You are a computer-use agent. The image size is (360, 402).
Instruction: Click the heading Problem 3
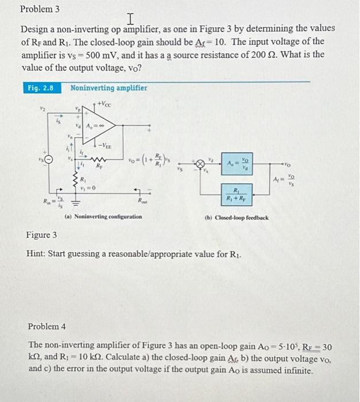pyautogui.click(x=40, y=9)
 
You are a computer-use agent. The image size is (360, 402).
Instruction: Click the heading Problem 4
pyautogui.click(x=47, y=326)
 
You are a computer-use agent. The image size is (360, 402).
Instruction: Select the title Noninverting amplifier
pyautogui.click(x=109, y=88)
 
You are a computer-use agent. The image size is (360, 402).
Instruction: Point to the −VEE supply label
pyautogui.click(x=105, y=146)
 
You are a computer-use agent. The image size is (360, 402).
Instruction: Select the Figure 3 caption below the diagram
pyautogui.click(x=41, y=235)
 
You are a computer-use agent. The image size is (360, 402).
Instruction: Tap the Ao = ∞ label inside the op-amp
pyautogui.click(x=95, y=126)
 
